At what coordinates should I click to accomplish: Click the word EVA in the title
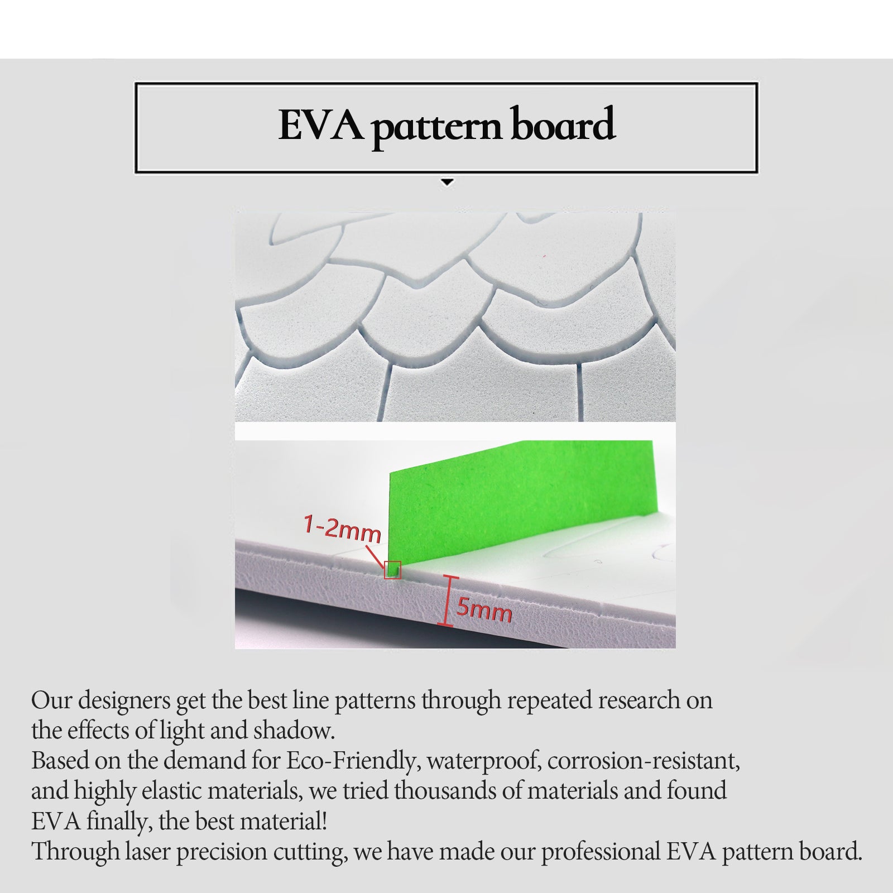click(x=320, y=125)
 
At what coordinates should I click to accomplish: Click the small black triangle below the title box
click(x=447, y=183)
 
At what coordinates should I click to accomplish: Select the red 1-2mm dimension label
click(x=342, y=529)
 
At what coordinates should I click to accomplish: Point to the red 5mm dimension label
click(x=484, y=610)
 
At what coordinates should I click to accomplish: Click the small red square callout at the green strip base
click(x=392, y=569)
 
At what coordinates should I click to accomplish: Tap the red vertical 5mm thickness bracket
click(x=445, y=601)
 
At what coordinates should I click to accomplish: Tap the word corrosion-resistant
click(x=643, y=761)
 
